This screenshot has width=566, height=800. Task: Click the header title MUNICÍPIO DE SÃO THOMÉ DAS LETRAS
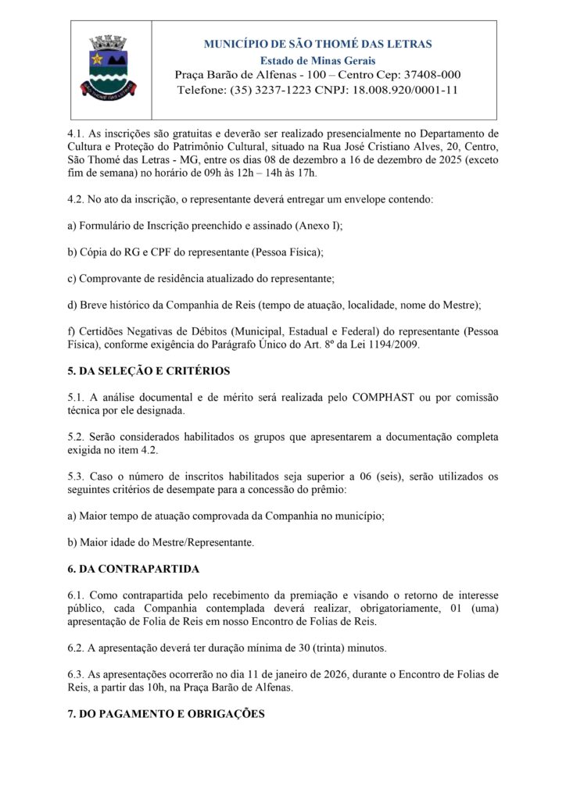point(317,45)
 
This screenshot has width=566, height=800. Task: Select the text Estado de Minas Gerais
point(317,60)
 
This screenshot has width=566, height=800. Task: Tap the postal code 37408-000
point(429,75)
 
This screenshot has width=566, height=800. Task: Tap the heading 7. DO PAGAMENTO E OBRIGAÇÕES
point(166,713)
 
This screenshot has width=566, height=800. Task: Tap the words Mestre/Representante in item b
point(201,541)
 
